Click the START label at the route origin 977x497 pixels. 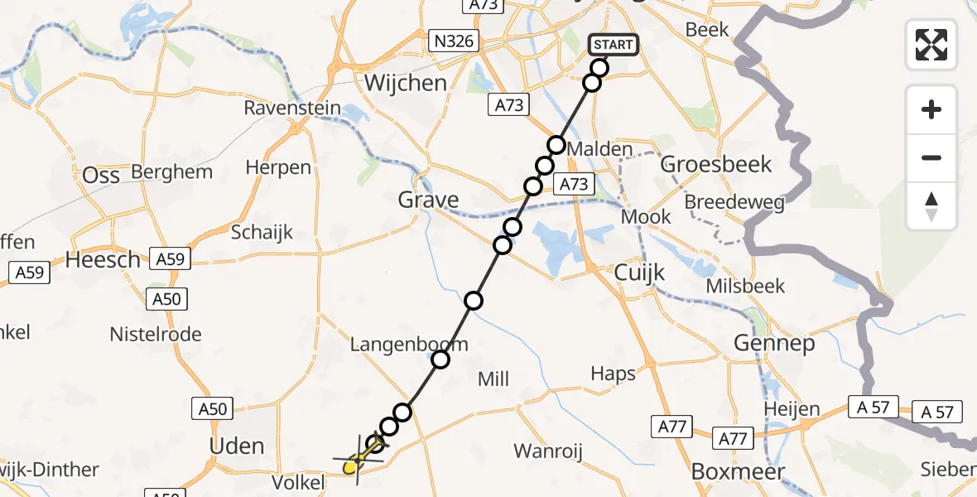pos(613,45)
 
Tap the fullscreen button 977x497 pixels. pos(931,44)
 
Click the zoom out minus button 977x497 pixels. pos(931,157)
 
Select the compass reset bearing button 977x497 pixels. pos(931,206)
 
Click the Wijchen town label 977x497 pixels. pos(406,83)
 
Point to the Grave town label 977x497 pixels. pos(428,200)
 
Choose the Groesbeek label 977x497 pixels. pos(716,164)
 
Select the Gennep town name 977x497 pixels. pos(773,342)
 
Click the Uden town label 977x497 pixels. pos(238,446)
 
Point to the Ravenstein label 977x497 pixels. pos(291,109)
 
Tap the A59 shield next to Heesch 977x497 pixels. pos(170,259)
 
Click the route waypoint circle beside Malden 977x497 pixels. pos(556,146)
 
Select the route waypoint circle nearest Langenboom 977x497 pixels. pos(440,359)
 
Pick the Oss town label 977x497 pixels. pos(101,175)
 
